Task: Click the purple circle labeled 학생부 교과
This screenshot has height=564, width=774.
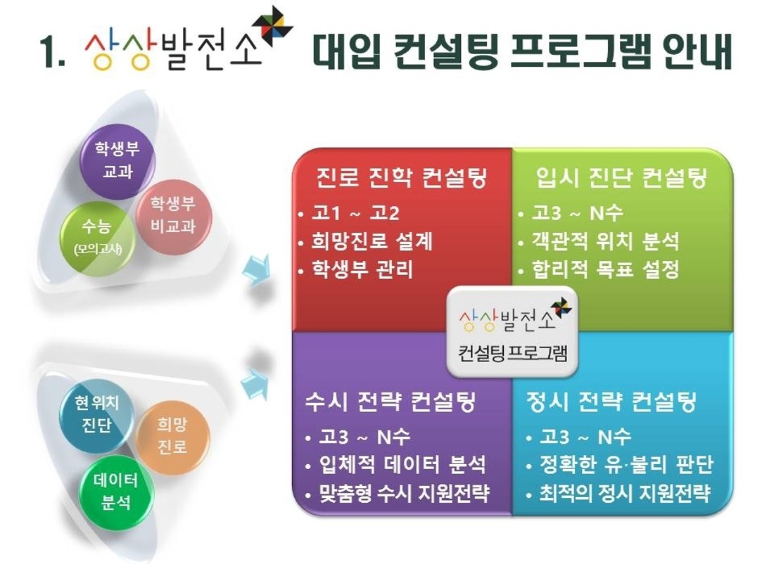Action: (x=118, y=161)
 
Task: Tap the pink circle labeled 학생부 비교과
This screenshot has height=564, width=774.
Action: (x=173, y=216)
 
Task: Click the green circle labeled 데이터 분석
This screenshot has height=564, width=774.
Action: (x=116, y=492)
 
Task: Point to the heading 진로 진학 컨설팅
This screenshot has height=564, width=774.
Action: (x=402, y=178)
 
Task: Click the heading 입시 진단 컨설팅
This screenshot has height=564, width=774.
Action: (x=621, y=178)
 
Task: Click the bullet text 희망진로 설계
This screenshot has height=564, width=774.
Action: (x=372, y=241)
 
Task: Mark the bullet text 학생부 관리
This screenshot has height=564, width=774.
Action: (x=362, y=269)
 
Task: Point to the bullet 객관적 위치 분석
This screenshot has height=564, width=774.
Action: (x=605, y=241)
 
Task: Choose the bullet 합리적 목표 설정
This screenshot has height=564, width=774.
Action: (x=605, y=269)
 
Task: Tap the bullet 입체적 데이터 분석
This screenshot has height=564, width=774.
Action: (x=402, y=464)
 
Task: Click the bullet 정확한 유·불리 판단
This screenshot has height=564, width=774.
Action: (x=626, y=464)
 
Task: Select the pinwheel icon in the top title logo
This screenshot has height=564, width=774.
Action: (x=272, y=25)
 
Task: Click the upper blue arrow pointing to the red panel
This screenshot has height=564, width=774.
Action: (x=256, y=269)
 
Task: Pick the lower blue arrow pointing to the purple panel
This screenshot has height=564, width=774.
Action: (x=255, y=383)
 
